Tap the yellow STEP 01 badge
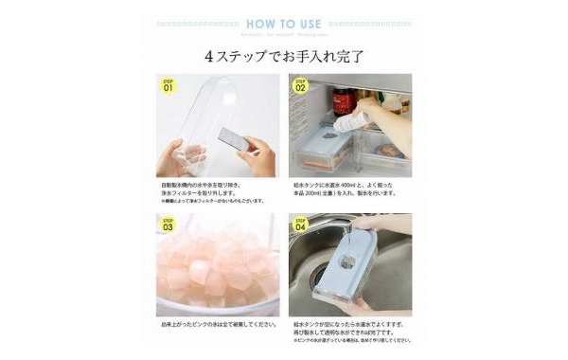(169, 86)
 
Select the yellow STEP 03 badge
(169, 225)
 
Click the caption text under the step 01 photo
(213, 192)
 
